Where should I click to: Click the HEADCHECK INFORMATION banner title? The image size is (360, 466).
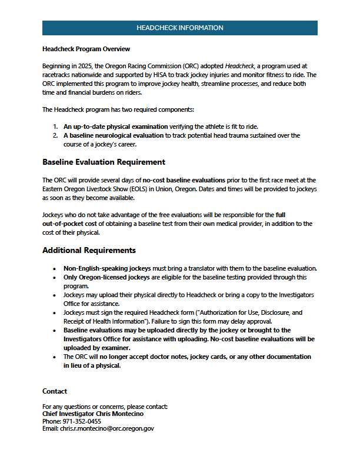coord(179,28)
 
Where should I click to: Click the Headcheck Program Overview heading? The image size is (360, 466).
coord(86,49)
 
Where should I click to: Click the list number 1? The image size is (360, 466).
coord(55,127)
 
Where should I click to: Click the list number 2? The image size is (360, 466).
coord(55,135)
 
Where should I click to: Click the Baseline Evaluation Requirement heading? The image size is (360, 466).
coord(104,162)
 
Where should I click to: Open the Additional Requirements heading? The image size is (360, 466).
coord(89,250)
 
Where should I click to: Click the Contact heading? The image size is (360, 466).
coord(55,391)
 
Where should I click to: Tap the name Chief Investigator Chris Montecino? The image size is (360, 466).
coord(93,414)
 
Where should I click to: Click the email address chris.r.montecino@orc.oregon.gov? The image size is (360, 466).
coord(107,429)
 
